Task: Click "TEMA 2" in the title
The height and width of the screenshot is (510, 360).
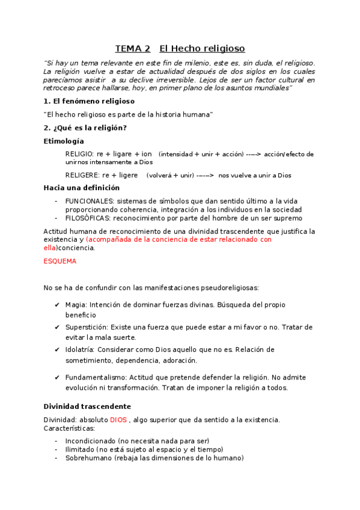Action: pyautogui.click(x=133, y=49)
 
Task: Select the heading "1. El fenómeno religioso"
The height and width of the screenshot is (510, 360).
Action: pyautogui.click(x=89, y=101)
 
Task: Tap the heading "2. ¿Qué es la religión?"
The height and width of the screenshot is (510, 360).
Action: pyautogui.click(x=85, y=127)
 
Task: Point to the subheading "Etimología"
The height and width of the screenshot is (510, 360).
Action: pyautogui.click(x=64, y=141)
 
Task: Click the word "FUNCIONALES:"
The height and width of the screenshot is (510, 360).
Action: pyautogui.click(x=90, y=201)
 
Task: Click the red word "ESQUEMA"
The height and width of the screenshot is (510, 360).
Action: pyautogui.click(x=60, y=262)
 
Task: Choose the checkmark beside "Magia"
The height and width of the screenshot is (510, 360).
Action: pyautogui.click(x=56, y=305)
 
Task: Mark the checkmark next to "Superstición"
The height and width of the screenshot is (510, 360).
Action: pyautogui.click(x=56, y=327)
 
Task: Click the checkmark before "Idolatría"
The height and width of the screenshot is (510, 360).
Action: pyautogui.click(x=56, y=349)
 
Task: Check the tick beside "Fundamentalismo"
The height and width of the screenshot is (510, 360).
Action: pyautogui.click(x=56, y=378)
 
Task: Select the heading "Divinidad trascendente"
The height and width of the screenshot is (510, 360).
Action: pyautogui.click(x=87, y=407)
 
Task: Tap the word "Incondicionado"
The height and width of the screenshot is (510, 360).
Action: pyautogui.click(x=90, y=441)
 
